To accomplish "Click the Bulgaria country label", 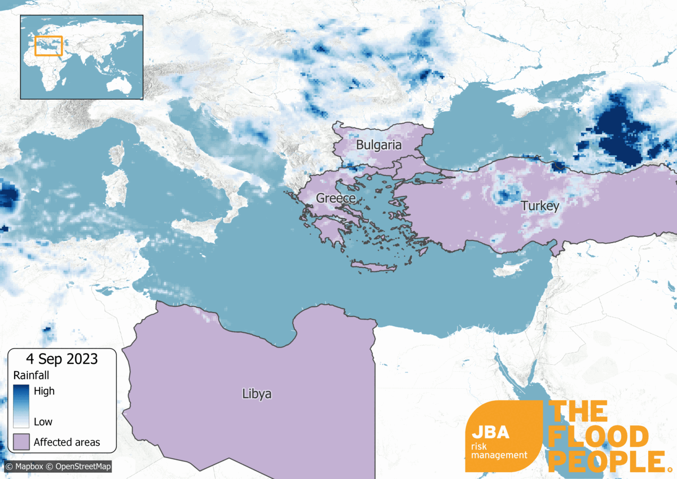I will click(379, 145).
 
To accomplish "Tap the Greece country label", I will click(336, 198).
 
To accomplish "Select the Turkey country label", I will click(540, 206).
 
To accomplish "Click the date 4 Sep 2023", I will click(61, 359).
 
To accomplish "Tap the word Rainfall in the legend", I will click(32, 375).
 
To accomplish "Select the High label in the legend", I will click(44, 390).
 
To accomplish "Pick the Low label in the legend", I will click(43, 421).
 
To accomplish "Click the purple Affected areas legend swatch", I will click(21, 442).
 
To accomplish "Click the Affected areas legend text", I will click(67, 442).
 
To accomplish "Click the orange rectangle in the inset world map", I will click(48, 46).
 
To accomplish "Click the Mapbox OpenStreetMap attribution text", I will click(59, 467).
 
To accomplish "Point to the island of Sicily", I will click(194, 228).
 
